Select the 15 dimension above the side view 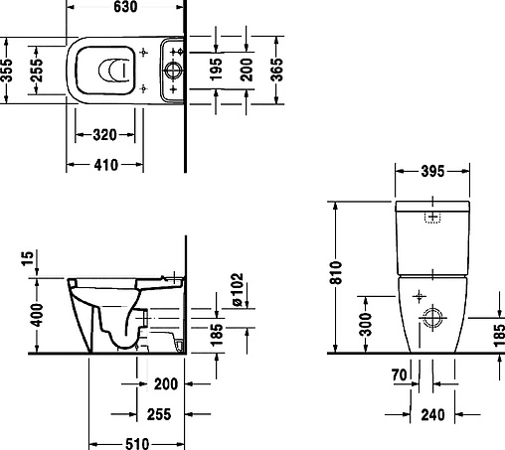click(26, 259)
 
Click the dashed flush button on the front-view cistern click(433, 218)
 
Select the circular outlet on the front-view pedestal click(434, 319)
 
